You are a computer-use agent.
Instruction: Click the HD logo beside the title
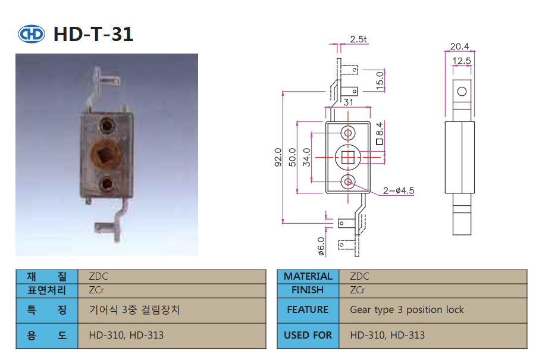(x=32, y=35)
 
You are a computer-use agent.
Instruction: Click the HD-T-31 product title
(x=93, y=35)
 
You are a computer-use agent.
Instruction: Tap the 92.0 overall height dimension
(x=278, y=157)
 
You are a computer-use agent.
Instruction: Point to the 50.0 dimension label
(x=292, y=157)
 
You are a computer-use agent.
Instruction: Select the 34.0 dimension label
(x=306, y=157)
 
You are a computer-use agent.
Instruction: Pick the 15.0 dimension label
(x=380, y=80)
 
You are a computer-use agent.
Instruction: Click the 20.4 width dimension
(x=459, y=46)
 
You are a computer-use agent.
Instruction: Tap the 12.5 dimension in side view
(x=462, y=60)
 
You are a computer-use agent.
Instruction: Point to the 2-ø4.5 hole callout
(x=398, y=190)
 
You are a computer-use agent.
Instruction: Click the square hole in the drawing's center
(x=348, y=157)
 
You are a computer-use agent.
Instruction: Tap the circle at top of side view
(x=462, y=91)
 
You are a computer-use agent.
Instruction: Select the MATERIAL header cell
(x=308, y=276)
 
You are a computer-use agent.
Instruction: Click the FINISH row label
(x=308, y=290)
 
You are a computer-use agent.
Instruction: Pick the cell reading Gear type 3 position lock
(x=407, y=309)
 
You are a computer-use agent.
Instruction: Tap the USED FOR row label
(x=308, y=335)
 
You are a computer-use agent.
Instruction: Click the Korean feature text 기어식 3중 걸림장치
(x=134, y=309)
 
